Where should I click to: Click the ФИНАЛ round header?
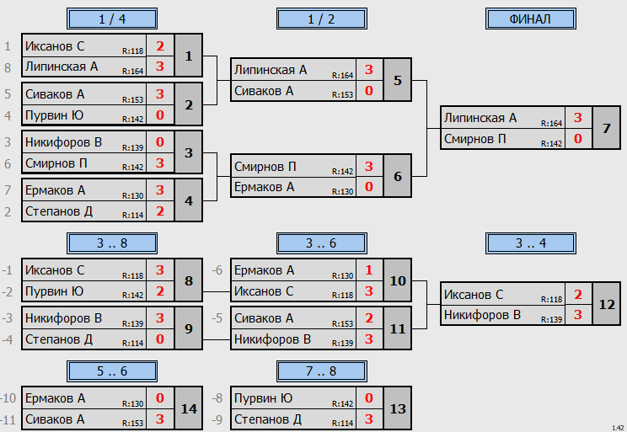click(x=530, y=19)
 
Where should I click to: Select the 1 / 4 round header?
click(x=112, y=19)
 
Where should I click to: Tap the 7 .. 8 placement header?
click(x=321, y=371)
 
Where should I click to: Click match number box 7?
click(x=606, y=128)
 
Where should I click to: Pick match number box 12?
click(x=606, y=304)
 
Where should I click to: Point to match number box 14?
click(x=189, y=408)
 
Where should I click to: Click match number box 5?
click(x=397, y=80)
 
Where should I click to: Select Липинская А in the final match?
click(x=480, y=118)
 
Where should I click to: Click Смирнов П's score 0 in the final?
click(x=578, y=139)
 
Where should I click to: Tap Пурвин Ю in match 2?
click(x=55, y=115)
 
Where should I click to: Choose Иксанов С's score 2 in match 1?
click(x=160, y=46)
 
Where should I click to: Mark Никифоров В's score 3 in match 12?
click(x=578, y=314)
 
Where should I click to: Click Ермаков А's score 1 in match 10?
click(x=368, y=270)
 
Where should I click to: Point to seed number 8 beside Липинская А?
click(x=8, y=67)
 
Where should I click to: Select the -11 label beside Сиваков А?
click(x=8, y=419)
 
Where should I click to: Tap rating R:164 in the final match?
click(x=551, y=124)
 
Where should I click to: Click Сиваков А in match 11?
click(x=264, y=318)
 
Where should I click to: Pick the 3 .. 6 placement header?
click(x=321, y=243)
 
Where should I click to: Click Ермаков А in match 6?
click(x=265, y=187)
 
